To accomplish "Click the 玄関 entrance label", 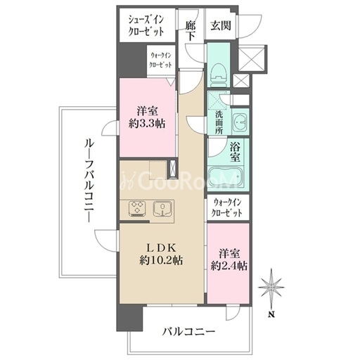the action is pos(221,25).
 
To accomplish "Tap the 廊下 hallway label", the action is pos(190,31).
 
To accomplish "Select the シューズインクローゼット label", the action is pos(146,25).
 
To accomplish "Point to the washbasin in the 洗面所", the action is pos(240,122).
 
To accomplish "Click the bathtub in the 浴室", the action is pos(225,176).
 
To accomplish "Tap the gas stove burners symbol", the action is pos(137,208).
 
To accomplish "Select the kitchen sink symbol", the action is pos(162,208).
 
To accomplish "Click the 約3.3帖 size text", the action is pos(147,123).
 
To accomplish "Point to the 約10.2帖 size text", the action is pos(161,260).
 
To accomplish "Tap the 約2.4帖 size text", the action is pos(229,266).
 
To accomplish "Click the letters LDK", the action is pos(161,247).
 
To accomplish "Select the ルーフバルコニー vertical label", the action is pos(89,180).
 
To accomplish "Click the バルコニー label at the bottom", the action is pos(188,331).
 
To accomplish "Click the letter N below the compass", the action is pos(271,314).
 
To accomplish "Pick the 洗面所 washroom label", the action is pos(219,122).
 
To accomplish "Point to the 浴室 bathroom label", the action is pos(235,153).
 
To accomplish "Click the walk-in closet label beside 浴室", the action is pos(227,207).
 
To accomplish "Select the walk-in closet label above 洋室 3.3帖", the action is pos(161,60).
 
